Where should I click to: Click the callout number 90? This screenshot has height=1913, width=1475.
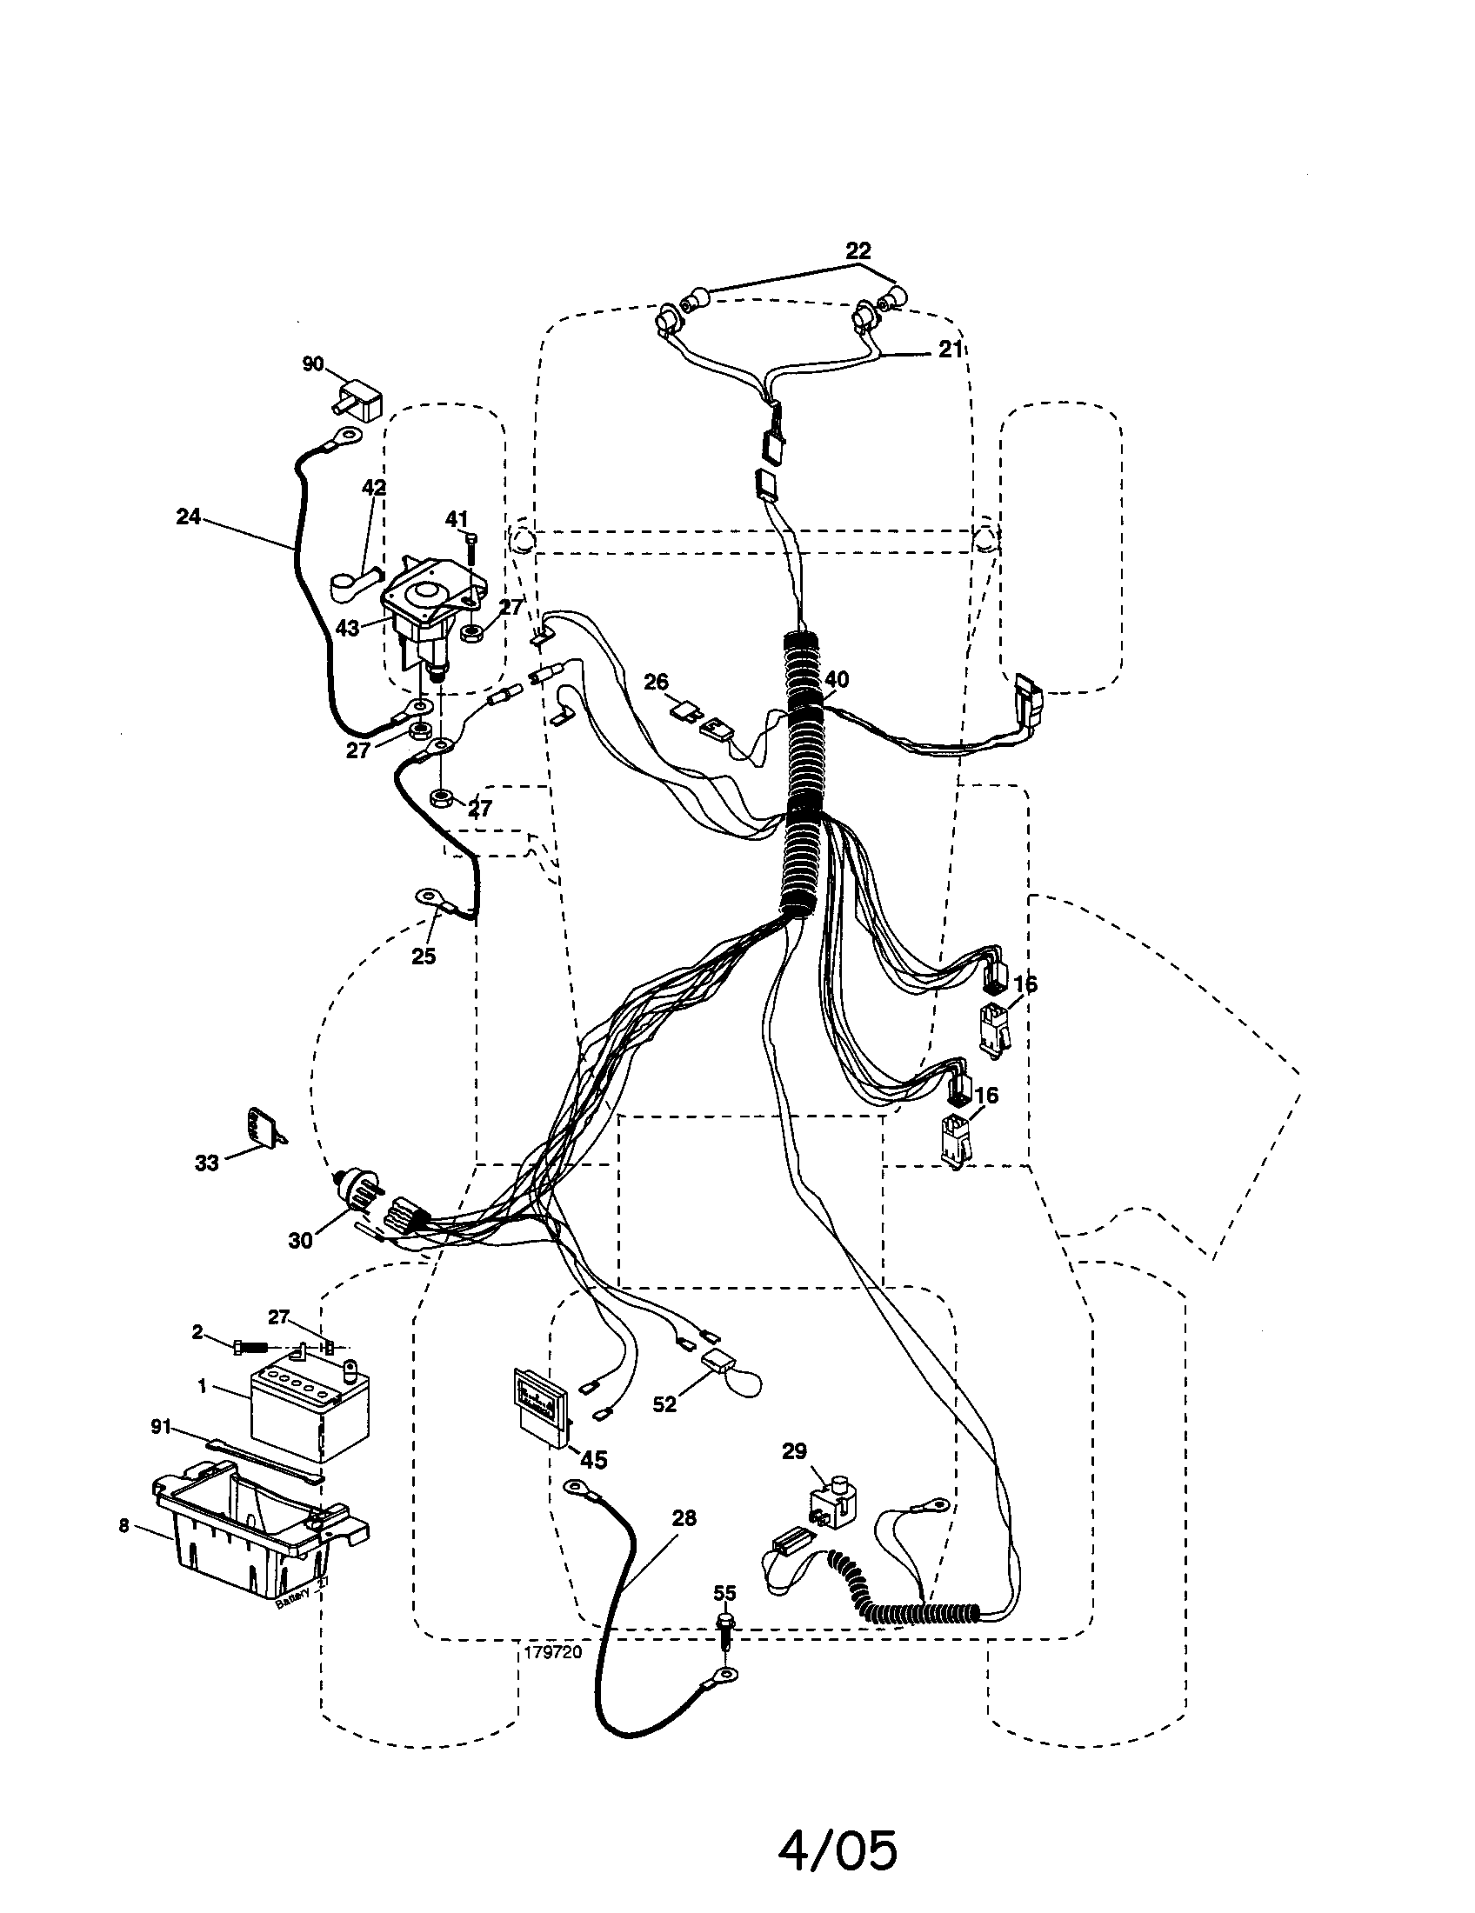313,363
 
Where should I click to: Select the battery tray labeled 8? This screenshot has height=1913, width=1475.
254,1542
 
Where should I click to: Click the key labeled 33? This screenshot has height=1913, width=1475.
261,1127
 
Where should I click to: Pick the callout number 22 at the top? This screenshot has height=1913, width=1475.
858,250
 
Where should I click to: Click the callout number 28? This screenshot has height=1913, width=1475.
684,1517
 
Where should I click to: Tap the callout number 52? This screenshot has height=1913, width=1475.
664,1403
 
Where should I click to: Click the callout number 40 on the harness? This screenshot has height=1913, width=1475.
837,679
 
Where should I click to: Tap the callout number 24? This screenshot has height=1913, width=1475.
189,517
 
